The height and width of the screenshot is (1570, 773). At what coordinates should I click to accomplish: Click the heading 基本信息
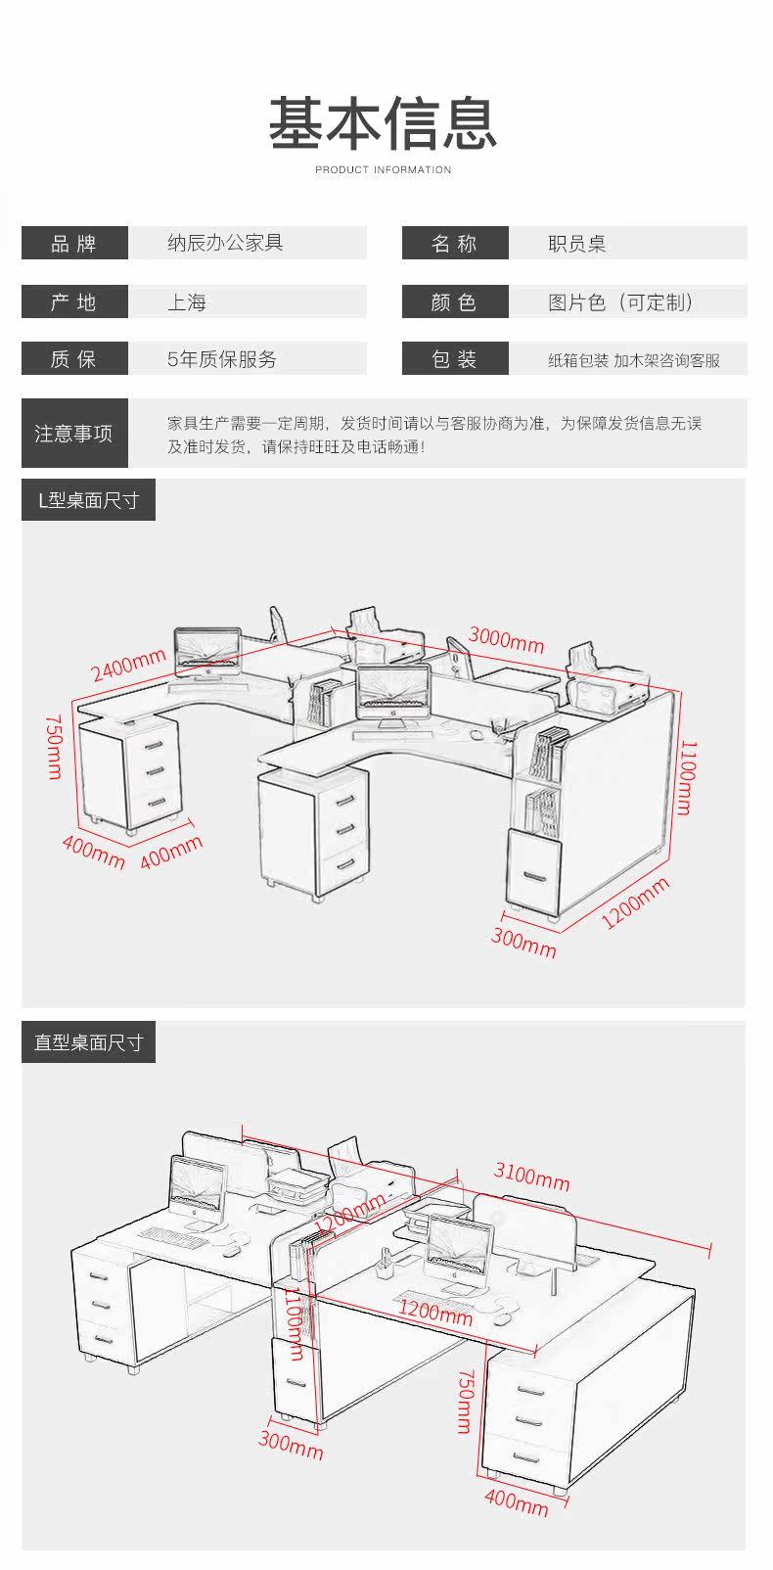383,123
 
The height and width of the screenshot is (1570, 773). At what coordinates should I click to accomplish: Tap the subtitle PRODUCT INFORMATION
383,169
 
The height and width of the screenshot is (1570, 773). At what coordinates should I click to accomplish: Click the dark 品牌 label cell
74,243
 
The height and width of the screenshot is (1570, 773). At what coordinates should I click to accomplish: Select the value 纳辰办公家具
225,243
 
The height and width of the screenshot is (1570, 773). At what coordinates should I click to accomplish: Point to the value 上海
187,302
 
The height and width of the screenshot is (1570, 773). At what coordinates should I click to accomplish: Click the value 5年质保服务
221,359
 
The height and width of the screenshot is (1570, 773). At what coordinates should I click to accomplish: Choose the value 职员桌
576,243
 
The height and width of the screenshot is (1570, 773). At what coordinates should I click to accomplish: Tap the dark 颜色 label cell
455,301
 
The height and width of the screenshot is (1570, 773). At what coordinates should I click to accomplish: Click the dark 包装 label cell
455,359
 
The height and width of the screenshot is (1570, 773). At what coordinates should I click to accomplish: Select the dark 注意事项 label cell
74,434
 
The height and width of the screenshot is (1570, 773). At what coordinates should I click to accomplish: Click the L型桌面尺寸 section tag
88,500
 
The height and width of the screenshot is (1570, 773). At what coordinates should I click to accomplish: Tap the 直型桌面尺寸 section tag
88,1042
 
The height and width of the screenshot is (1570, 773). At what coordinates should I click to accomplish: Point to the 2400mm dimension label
128,665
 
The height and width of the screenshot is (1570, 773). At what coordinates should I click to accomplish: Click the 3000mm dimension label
506,639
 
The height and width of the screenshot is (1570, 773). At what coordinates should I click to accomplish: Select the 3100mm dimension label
531,1176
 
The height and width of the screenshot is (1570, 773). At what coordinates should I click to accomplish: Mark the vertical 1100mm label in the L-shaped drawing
687,777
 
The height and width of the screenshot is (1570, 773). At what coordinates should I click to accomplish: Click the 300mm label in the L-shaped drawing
523,943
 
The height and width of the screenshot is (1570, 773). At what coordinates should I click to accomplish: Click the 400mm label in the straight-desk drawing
517,1502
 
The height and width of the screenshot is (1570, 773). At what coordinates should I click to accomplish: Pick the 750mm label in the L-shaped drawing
54,747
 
